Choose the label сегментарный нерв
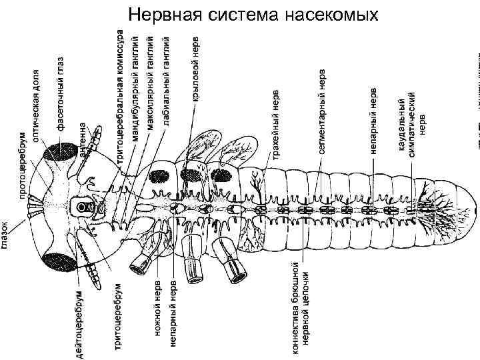322,110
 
